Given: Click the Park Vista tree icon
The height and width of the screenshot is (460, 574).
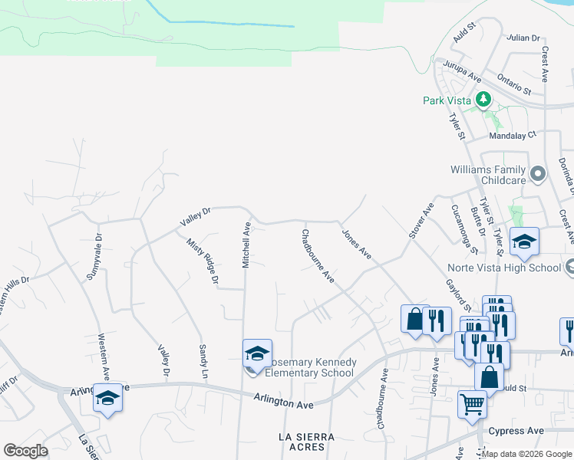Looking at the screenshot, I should (x=483, y=99).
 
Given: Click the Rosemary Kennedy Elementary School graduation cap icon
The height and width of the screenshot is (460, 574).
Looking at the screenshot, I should (x=257, y=353).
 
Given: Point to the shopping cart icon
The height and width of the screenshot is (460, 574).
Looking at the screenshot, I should (x=472, y=403).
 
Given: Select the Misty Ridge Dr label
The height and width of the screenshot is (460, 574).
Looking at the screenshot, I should (x=203, y=260).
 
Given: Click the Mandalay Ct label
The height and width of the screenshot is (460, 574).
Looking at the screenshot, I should (x=515, y=136).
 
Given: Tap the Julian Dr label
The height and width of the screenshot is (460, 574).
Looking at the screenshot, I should (x=524, y=38).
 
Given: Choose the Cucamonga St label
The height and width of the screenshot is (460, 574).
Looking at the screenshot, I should (x=464, y=228).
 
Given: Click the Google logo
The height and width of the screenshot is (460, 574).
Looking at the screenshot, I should (x=25, y=451).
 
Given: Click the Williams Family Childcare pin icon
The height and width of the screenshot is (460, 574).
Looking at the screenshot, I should (x=538, y=174).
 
